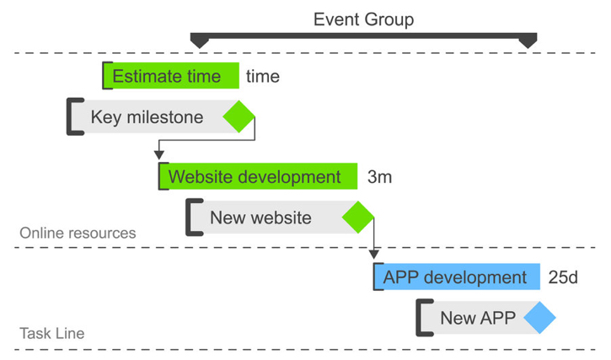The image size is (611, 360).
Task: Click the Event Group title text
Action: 363,19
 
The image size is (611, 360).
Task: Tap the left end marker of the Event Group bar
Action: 199,40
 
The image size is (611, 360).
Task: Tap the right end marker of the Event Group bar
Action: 528,40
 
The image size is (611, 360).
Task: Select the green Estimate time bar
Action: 171,76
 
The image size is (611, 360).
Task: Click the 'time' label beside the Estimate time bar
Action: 262,77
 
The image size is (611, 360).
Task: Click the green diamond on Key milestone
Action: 239,116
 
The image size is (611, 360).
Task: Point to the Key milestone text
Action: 147,117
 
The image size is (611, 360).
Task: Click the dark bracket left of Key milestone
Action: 73,116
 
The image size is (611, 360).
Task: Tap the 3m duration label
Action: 379,177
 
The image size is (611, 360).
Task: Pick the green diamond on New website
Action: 358,218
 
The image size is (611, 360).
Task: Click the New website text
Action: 260,218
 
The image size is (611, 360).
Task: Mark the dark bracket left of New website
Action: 192,218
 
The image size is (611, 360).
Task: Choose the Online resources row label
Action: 77,233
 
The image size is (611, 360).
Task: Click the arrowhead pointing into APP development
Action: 373,253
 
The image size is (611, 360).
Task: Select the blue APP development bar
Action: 456,277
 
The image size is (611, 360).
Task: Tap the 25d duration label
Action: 562,277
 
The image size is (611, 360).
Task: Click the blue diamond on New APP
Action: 539,319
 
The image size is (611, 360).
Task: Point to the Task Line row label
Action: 51,334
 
